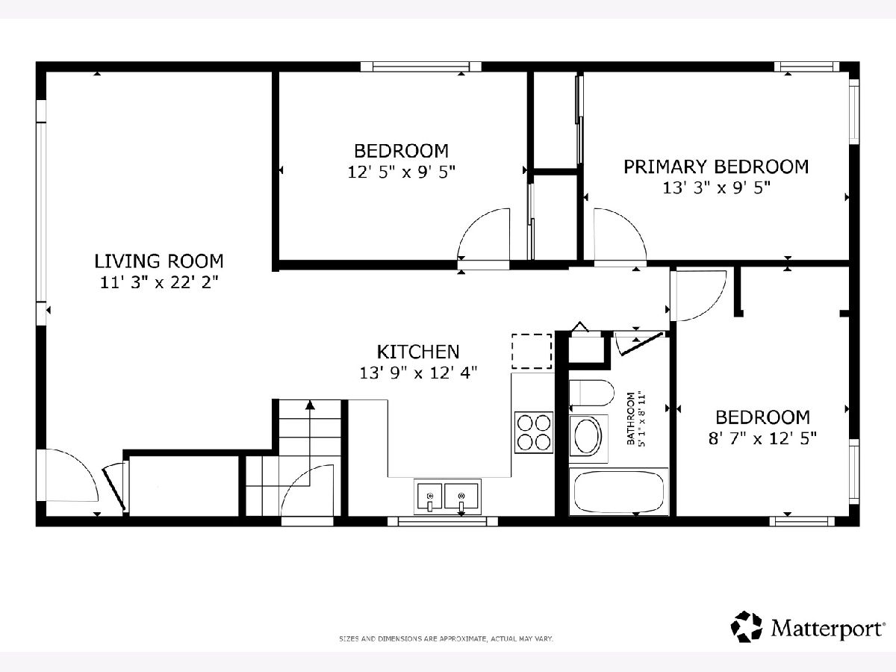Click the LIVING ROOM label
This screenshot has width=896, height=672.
159,261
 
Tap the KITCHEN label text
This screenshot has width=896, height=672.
418,352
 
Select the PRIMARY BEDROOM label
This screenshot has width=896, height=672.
716,167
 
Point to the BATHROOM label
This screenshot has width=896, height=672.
631,419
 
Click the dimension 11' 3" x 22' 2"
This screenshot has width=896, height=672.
159,282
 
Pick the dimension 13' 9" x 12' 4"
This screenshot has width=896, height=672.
418,373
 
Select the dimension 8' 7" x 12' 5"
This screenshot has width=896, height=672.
762,438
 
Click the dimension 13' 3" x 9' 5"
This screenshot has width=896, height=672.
716,188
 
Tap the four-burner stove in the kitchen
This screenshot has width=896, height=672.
534,432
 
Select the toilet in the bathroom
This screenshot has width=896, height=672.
591,393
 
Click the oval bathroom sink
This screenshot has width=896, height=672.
588,436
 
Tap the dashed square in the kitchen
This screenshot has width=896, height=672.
532,351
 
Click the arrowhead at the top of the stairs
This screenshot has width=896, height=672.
310,405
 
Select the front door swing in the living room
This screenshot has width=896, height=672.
72,476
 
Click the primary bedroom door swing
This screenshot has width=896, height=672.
620,234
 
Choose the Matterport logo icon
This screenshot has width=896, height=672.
746,626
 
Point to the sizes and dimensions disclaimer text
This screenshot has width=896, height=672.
447,638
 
